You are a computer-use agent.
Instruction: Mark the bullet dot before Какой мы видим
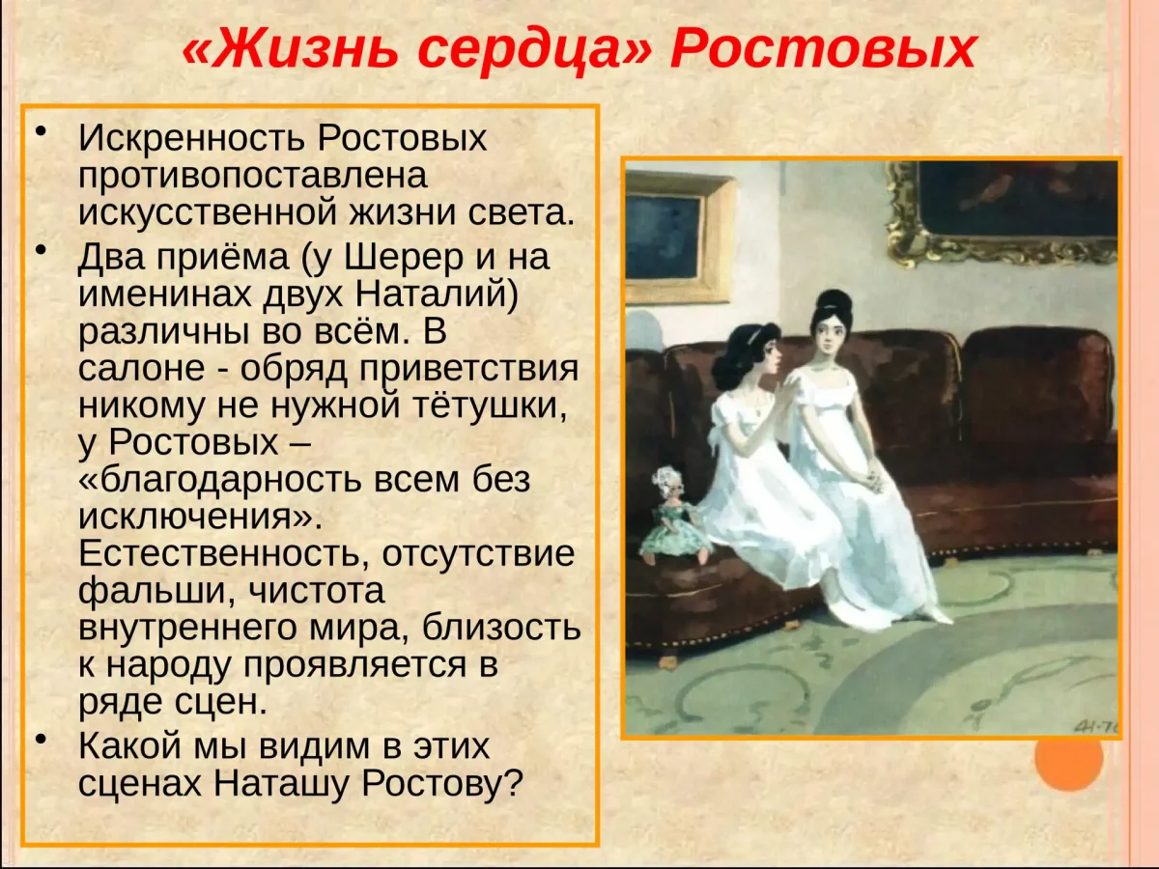42,741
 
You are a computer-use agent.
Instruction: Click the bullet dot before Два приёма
42,253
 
